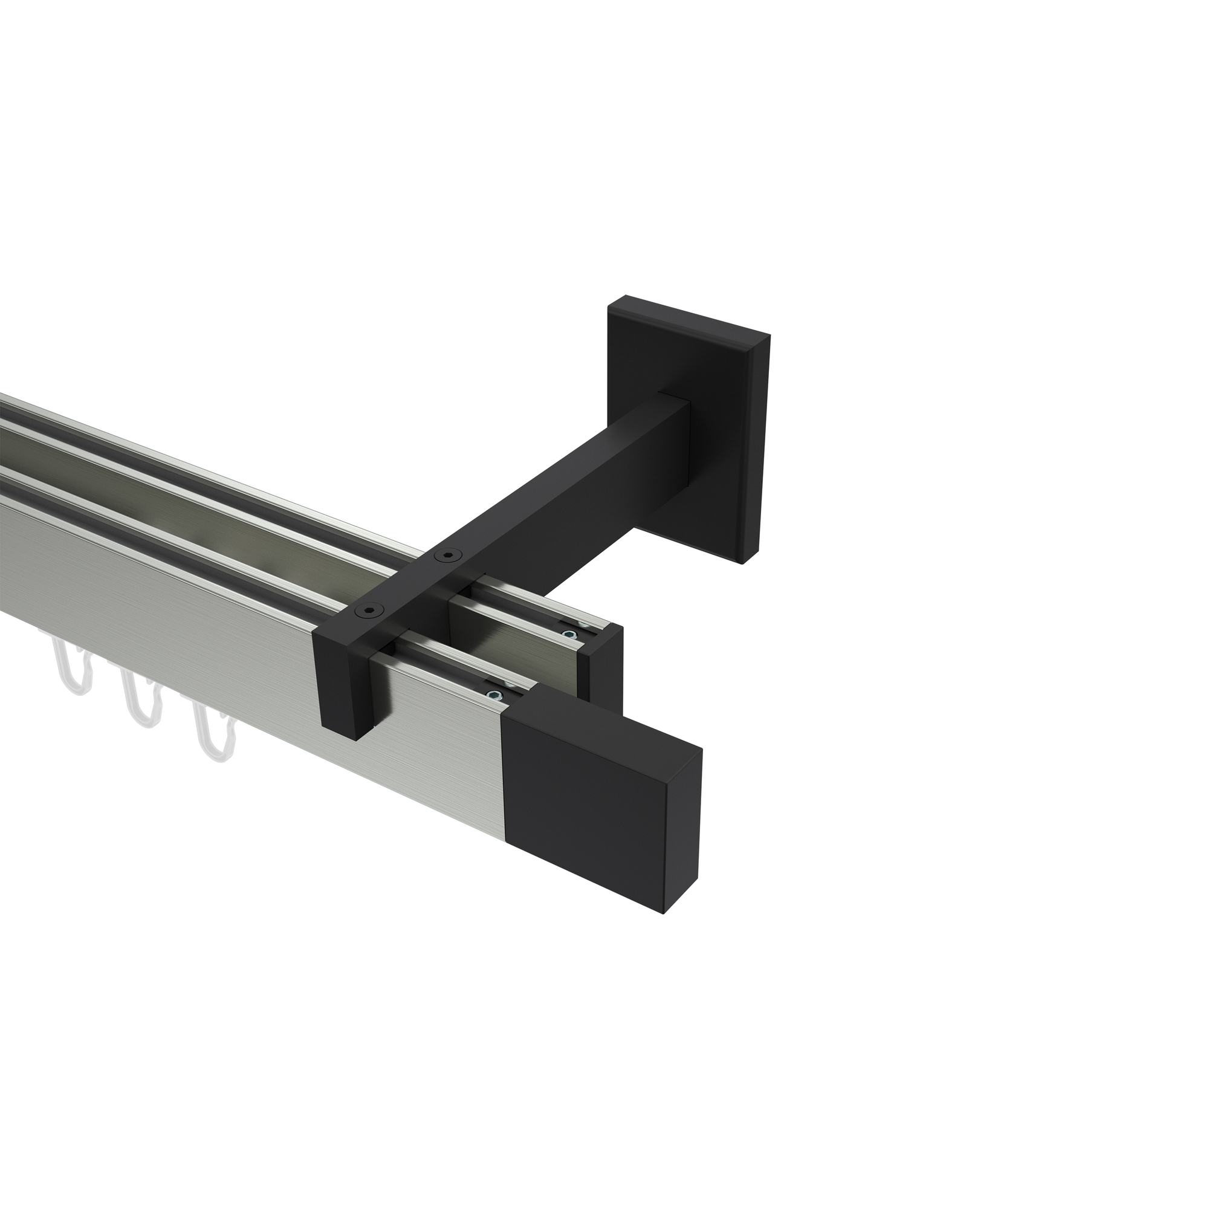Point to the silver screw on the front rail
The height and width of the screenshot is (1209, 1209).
(495, 695)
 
